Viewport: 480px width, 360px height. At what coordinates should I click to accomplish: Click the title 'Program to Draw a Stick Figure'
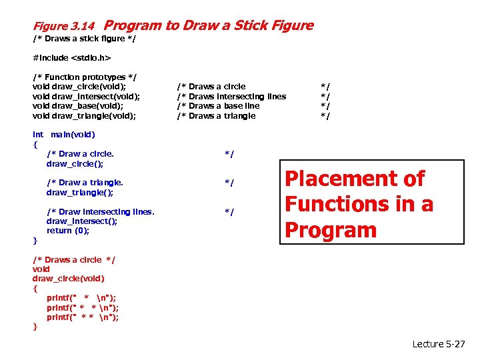[x=209, y=26]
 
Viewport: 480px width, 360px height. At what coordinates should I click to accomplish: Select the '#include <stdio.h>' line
[x=71, y=58]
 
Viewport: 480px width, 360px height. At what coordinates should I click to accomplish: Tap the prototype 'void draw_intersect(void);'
[x=86, y=97]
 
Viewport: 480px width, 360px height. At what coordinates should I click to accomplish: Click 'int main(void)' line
[x=64, y=135]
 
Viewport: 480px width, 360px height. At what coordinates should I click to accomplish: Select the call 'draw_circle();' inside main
[x=75, y=163]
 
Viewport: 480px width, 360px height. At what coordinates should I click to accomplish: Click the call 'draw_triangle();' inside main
[x=79, y=192]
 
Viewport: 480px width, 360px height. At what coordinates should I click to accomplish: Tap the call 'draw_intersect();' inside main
[x=81, y=221]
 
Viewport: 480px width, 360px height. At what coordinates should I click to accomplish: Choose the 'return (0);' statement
[x=68, y=231]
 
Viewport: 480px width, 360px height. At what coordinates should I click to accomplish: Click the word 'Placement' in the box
[x=355, y=179]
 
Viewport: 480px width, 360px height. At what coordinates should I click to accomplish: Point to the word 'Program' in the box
[x=331, y=229]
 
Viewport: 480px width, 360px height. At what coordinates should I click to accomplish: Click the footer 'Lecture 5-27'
[x=439, y=344]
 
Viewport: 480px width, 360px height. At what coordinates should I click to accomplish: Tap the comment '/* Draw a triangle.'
[x=85, y=182]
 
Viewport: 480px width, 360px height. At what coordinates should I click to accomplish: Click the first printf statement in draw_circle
[x=83, y=298]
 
